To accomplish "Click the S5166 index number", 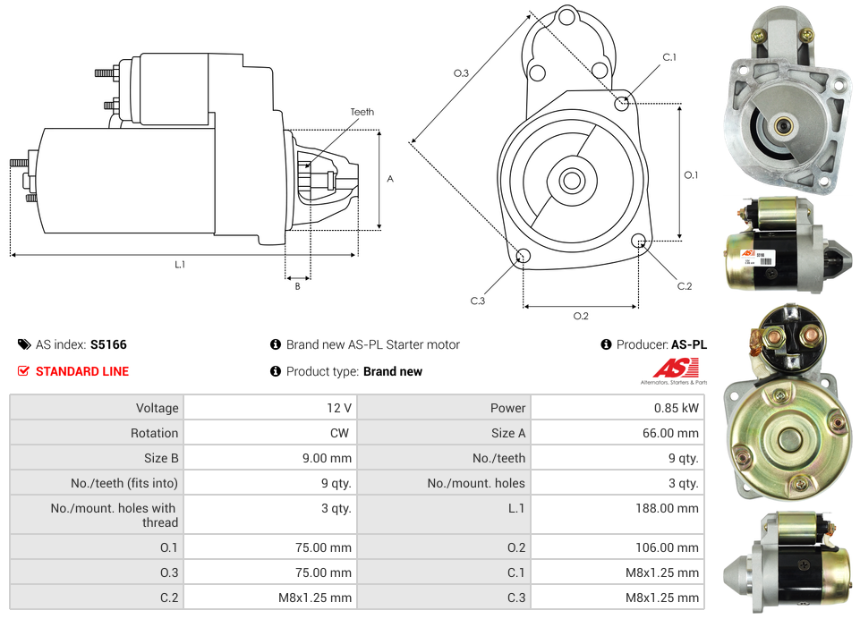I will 108,344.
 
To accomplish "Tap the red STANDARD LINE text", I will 81,371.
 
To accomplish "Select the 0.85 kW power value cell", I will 677,408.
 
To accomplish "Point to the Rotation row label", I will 154,433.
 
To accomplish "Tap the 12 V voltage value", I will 338,408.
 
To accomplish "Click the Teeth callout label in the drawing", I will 362,112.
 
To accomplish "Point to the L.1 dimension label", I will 179,264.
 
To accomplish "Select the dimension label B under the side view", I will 297,286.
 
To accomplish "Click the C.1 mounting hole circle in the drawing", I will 621,103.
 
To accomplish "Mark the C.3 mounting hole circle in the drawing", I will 524,258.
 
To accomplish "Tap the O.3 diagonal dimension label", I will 461,73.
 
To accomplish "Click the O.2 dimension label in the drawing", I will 580,316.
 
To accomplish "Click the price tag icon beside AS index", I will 24,344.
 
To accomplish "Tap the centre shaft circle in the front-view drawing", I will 571,181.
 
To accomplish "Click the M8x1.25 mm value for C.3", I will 661,598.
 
